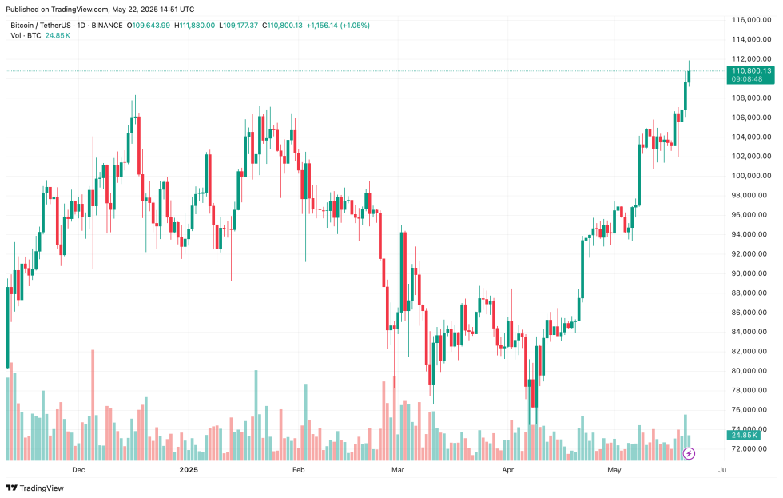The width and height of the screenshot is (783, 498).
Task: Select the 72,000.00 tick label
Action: click(752, 449)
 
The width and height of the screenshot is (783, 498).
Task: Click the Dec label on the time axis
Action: click(78, 470)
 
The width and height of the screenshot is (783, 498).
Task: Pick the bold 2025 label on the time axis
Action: click(189, 470)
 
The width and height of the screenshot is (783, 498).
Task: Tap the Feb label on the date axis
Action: click(299, 470)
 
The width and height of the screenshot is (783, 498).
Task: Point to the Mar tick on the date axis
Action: click(397, 470)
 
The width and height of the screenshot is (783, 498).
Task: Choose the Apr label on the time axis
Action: click(507, 470)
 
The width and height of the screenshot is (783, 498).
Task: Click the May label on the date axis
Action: click(614, 470)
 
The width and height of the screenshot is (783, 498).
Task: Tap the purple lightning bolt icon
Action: click(689, 454)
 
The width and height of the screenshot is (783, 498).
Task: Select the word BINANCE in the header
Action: click(108, 26)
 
